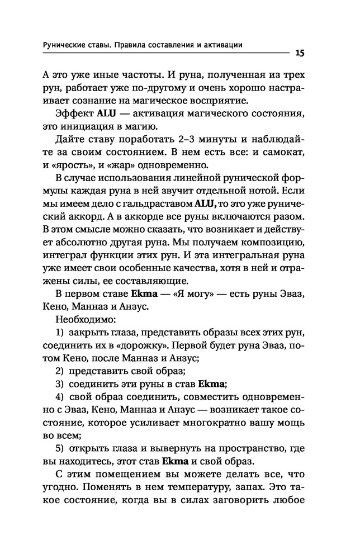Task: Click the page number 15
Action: pyautogui.click(x=297, y=53)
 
